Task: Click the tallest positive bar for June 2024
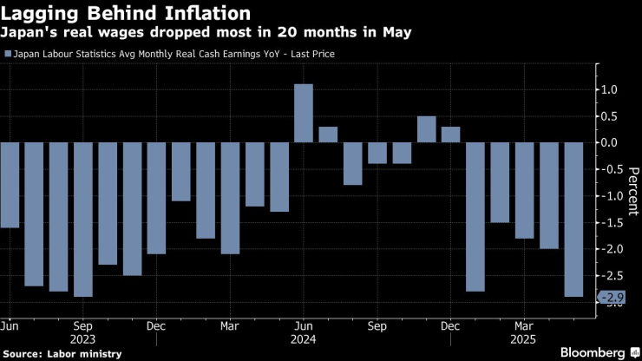pyautogui.click(x=303, y=113)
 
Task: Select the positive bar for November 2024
pyautogui.click(x=426, y=129)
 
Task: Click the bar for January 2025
pyautogui.click(x=475, y=216)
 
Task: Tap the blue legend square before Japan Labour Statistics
pyautogui.click(x=9, y=54)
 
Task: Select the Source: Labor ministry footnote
pyautogui.click(x=62, y=353)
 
